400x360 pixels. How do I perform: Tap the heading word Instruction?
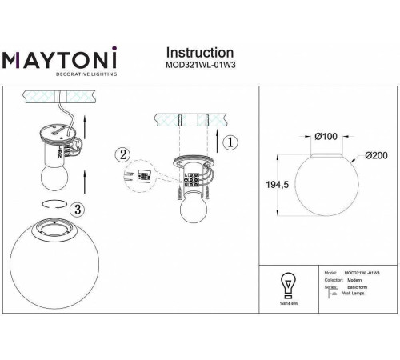click(199, 54)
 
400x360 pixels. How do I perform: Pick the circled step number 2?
click(122, 154)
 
